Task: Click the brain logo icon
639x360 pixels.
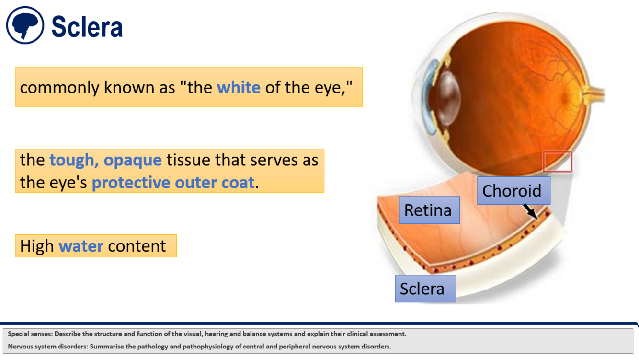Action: click(25, 25)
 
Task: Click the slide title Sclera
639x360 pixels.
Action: click(87, 27)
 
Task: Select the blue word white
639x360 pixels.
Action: click(239, 87)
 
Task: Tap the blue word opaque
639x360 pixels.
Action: click(133, 160)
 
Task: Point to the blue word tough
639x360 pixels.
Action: click(73, 160)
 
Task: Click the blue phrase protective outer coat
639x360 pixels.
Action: click(173, 183)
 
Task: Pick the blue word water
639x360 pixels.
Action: click(81, 246)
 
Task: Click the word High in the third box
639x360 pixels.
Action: click(36, 246)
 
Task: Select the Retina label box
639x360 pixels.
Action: click(429, 210)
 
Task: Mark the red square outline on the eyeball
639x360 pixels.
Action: click(557, 162)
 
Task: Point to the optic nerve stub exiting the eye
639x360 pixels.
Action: click(596, 94)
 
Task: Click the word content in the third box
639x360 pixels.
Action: click(137, 246)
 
